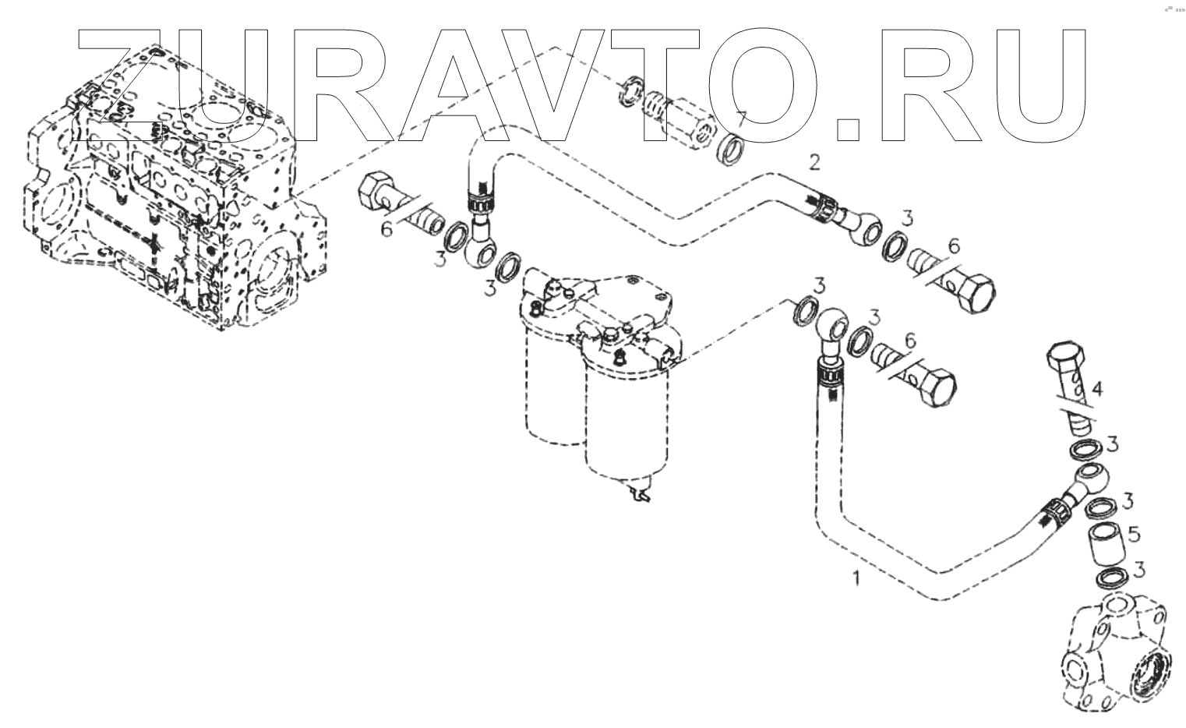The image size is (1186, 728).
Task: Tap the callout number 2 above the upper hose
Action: point(814,162)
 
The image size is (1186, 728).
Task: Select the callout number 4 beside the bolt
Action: point(1096,388)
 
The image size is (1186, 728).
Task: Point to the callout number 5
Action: point(1134,535)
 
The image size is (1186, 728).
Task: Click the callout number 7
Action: point(742,120)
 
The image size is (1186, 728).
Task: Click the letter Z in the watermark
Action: point(125,86)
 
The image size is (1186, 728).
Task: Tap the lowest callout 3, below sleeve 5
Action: point(1139,569)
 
